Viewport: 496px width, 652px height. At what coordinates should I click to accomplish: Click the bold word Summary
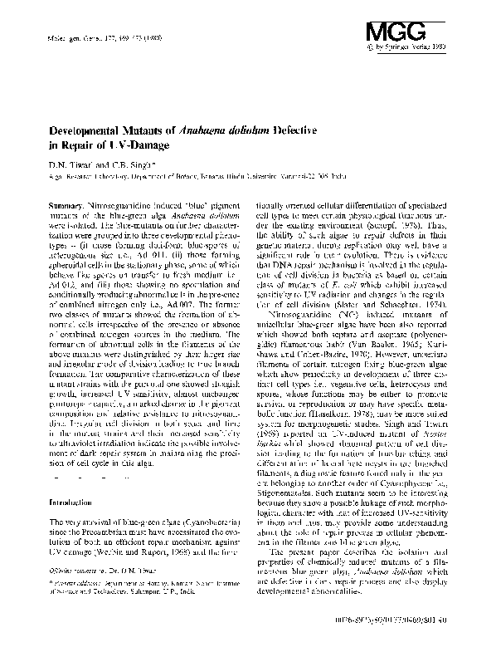pyautogui.click(x=65, y=205)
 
